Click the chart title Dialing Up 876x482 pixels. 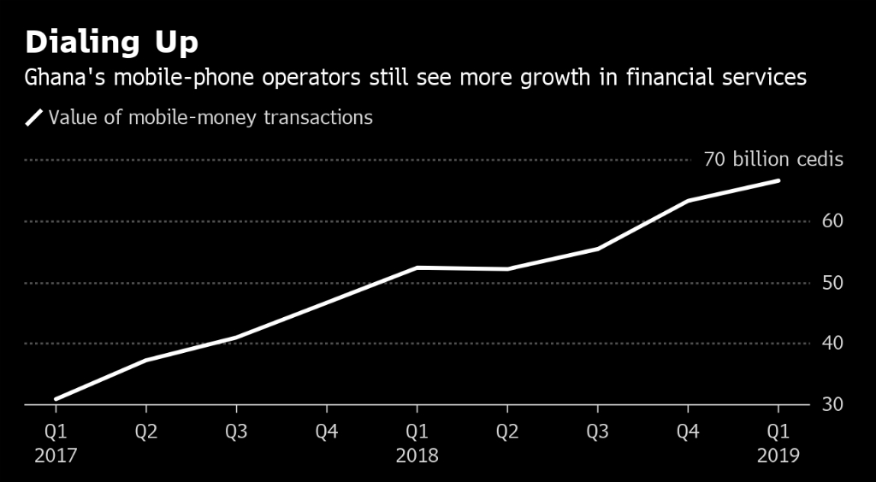pyautogui.click(x=113, y=43)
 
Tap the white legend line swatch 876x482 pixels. pyautogui.click(x=34, y=118)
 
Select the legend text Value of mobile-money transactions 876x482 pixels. pyautogui.click(x=210, y=118)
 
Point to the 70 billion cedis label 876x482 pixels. pyautogui.click(x=772, y=160)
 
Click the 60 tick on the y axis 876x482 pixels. pyautogui.click(x=833, y=221)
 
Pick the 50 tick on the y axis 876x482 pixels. pyautogui.click(x=833, y=283)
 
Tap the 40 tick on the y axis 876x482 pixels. pyautogui.click(x=833, y=344)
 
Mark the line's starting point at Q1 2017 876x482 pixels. pyautogui.click(x=56, y=399)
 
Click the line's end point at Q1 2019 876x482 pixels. pyautogui.click(x=778, y=180)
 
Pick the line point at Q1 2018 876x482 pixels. pyautogui.click(x=417, y=267)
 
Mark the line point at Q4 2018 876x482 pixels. pyautogui.click(x=688, y=201)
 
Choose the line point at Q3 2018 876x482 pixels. pyautogui.click(x=597, y=249)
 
